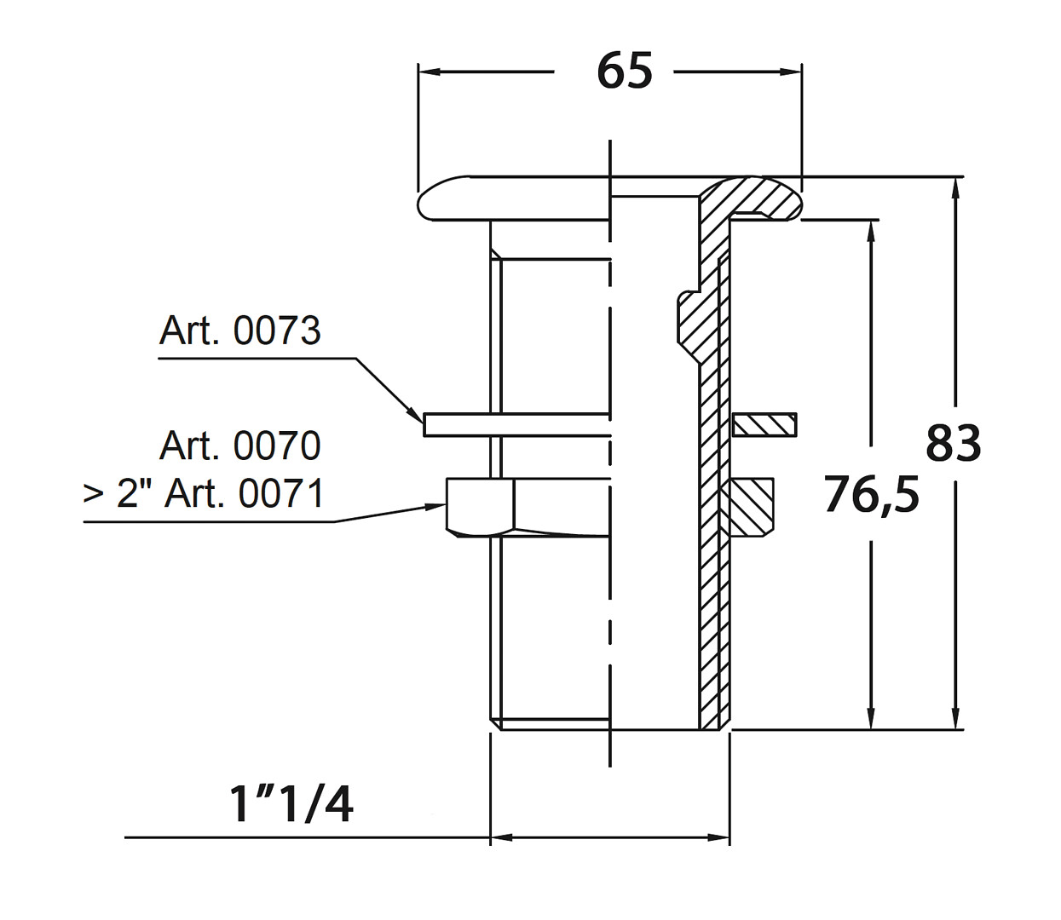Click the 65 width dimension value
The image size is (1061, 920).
tap(625, 71)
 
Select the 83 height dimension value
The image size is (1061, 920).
tap(953, 443)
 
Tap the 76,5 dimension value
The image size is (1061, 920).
tap(871, 495)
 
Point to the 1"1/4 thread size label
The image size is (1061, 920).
tap(291, 803)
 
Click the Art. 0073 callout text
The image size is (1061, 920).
tap(239, 331)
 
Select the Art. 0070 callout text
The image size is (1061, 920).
tap(239, 446)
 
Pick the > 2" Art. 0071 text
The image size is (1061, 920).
tap(204, 493)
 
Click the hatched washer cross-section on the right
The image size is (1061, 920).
tap(764, 425)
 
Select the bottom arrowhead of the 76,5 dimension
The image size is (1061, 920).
tap(871, 719)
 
